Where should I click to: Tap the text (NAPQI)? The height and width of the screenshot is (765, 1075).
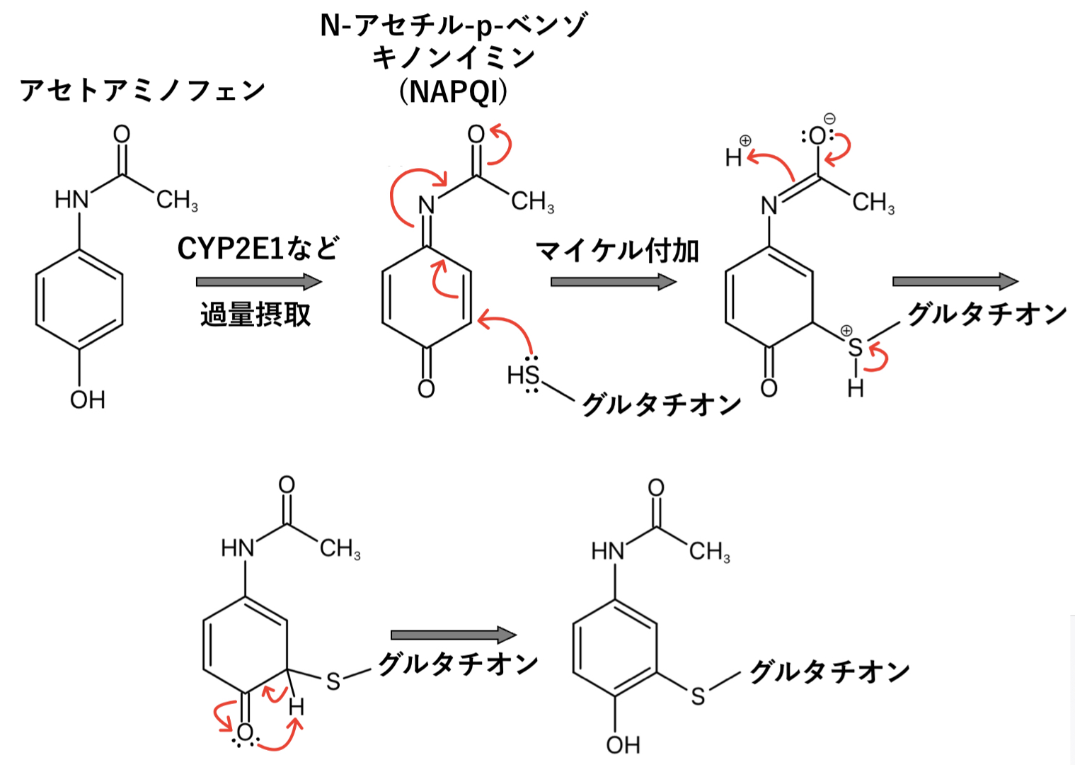pyautogui.click(x=453, y=91)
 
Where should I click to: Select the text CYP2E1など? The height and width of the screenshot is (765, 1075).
pyautogui.click(x=258, y=249)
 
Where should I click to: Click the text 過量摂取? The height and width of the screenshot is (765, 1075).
pyautogui.click(x=255, y=314)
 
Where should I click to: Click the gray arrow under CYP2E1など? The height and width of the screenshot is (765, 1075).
pyautogui.click(x=258, y=282)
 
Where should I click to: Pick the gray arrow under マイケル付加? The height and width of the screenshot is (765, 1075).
pyautogui.click(x=613, y=282)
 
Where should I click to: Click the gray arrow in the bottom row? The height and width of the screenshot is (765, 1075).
pyautogui.click(x=453, y=635)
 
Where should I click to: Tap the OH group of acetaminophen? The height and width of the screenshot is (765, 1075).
pyautogui.click(x=88, y=400)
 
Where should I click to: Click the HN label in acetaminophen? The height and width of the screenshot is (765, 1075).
pyautogui.click(x=71, y=200)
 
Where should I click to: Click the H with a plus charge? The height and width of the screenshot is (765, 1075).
pyautogui.click(x=735, y=157)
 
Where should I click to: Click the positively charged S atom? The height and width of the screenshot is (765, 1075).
pyautogui.click(x=856, y=347)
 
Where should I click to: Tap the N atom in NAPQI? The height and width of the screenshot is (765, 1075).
pyautogui.click(x=426, y=205)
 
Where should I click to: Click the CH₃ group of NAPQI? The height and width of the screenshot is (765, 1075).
pyautogui.click(x=532, y=202)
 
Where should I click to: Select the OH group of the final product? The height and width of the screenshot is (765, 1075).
pyautogui.click(x=623, y=744)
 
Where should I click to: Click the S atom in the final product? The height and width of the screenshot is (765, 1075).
pyautogui.click(x=699, y=696)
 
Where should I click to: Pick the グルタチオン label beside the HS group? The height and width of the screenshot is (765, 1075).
pyautogui.click(x=661, y=404)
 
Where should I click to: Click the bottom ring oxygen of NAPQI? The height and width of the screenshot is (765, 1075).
pyautogui.click(x=426, y=388)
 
